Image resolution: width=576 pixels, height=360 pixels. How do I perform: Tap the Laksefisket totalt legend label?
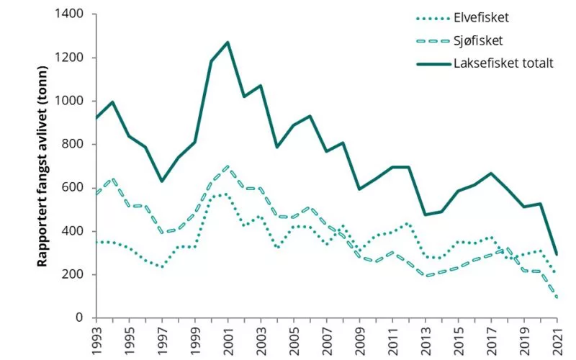pos(503,63)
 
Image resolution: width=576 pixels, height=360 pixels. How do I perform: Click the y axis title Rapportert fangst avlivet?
pos(43,166)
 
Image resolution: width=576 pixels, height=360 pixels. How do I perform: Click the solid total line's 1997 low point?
pos(162,181)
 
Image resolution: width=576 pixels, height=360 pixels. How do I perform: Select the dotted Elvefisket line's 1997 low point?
pos(162,267)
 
